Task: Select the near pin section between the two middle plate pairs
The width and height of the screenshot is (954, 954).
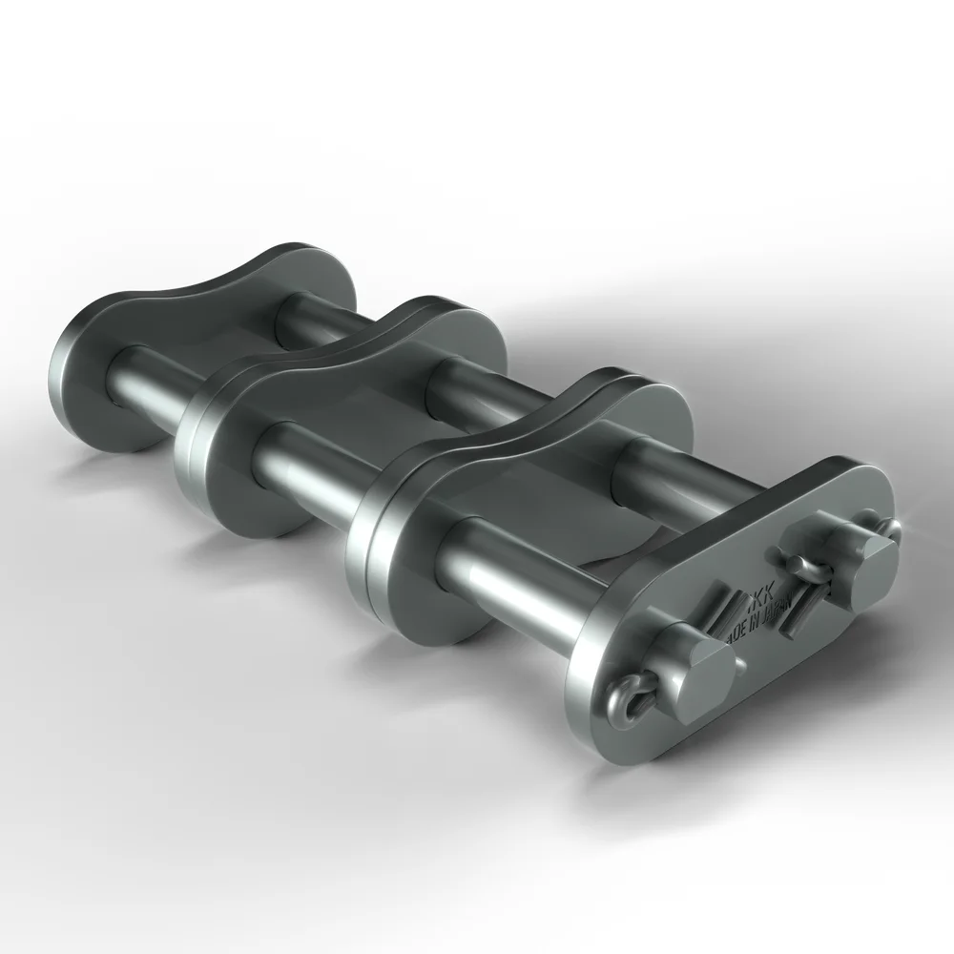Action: tap(305, 457)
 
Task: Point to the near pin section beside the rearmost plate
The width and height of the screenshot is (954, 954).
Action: tap(143, 378)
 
